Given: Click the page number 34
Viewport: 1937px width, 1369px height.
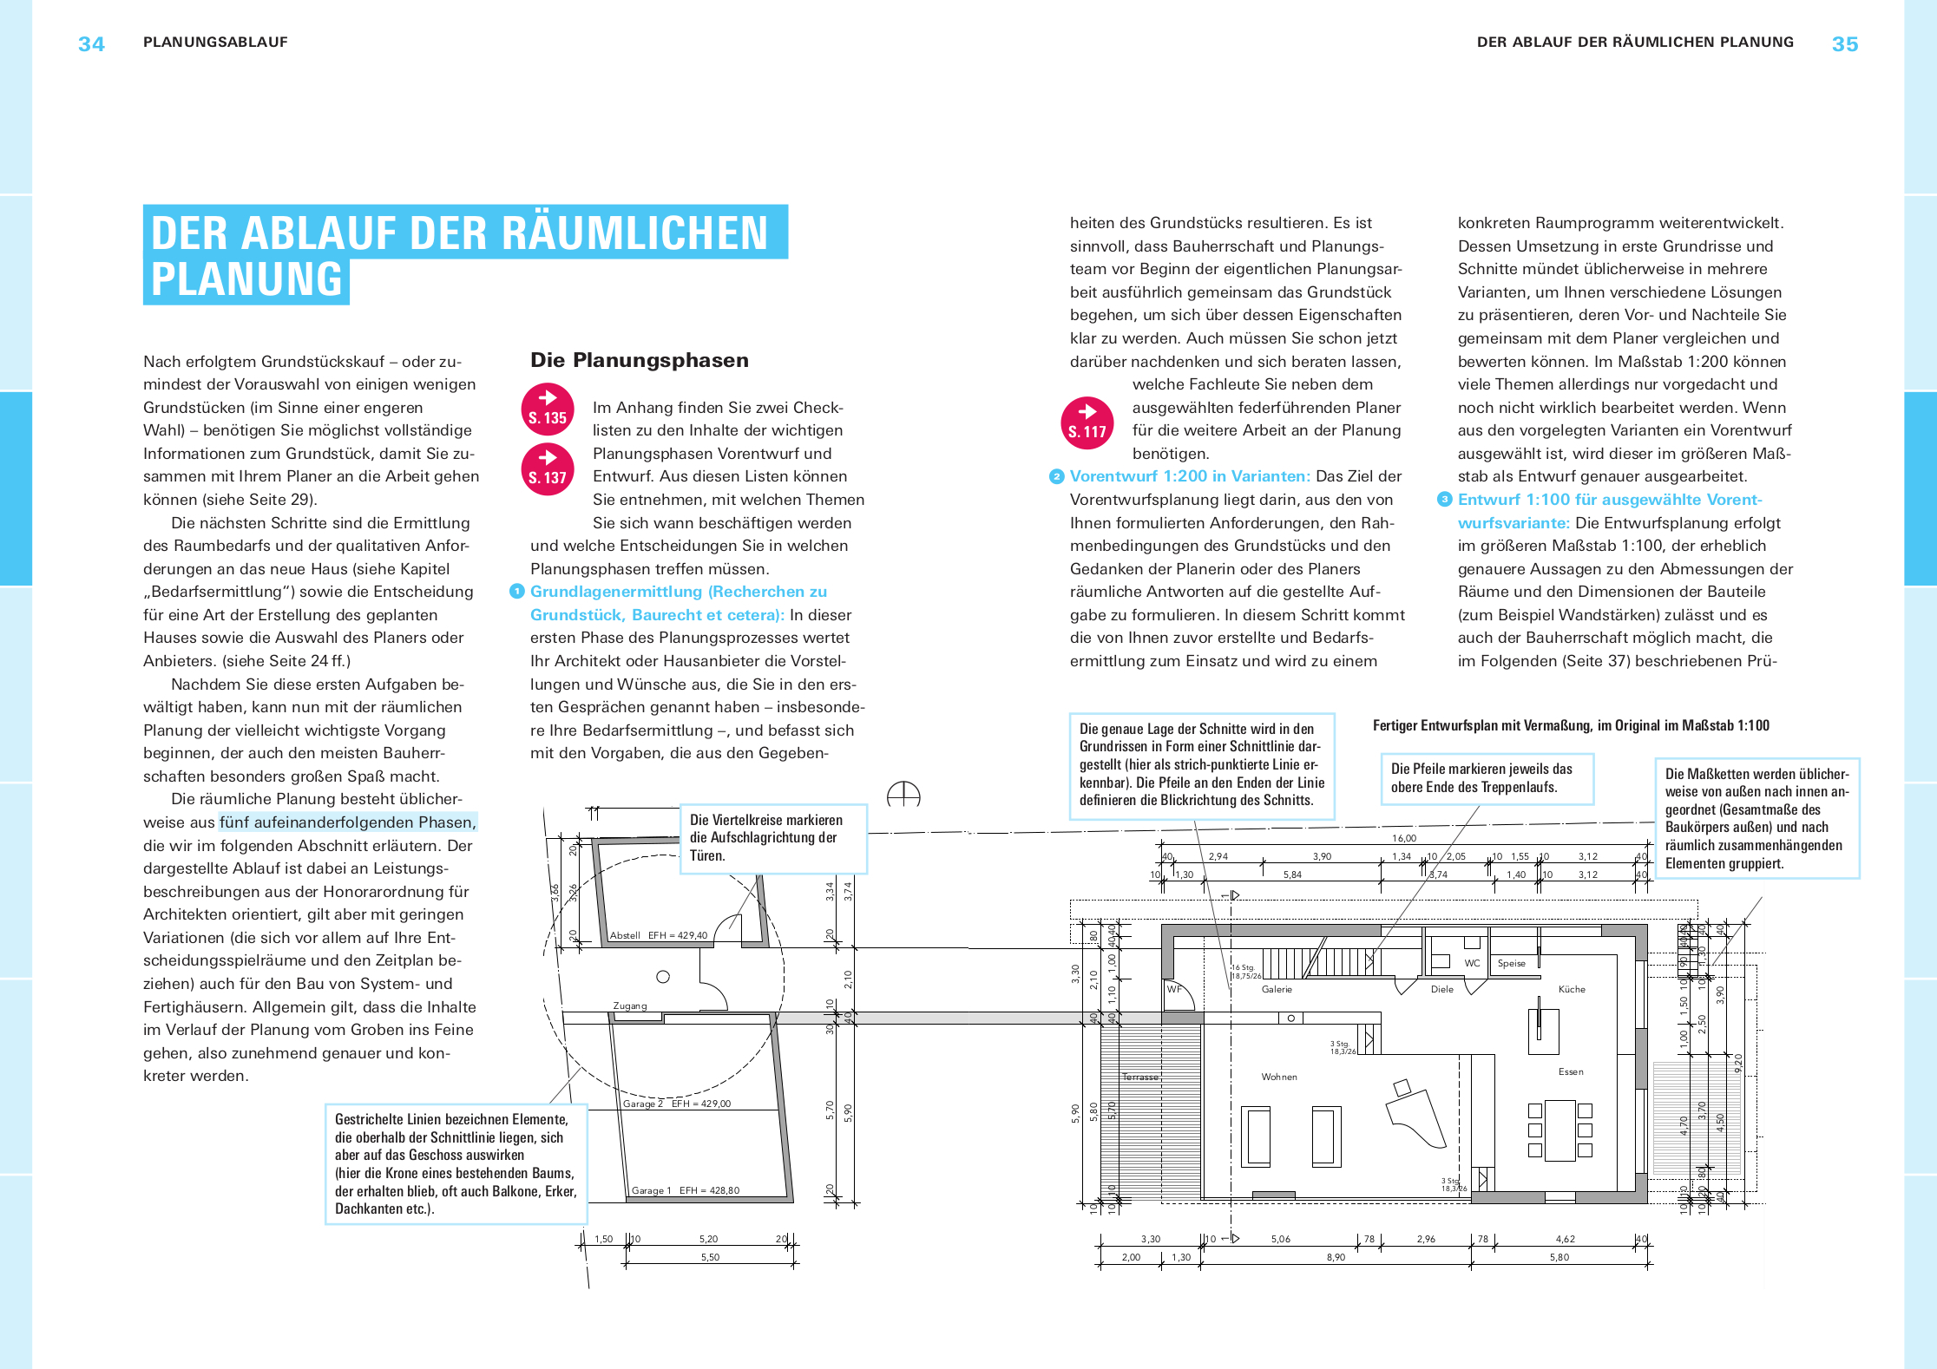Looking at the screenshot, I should (x=91, y=44).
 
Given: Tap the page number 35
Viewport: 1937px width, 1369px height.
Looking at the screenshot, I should (x=1844, y=44).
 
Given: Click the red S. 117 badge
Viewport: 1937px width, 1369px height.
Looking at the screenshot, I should (x=1087, y=422).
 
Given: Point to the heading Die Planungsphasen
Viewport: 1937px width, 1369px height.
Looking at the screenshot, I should (x=639, y=360).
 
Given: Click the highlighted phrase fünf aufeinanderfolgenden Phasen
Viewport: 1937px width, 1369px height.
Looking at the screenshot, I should (x=348, y=822).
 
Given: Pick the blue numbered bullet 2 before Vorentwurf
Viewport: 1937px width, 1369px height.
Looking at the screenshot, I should (x=1056, y=476).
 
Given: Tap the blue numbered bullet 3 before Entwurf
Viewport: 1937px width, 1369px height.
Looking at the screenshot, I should (x=1444, y=500).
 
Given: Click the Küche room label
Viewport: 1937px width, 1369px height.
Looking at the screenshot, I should (x=1572, y=989).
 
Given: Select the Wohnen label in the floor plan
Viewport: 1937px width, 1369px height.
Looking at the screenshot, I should (x=1279, y=1077).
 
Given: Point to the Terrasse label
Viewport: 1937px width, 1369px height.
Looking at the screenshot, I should (x=1140, y=1077).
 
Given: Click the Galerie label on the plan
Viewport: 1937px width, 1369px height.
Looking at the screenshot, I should (x=1277, y=989).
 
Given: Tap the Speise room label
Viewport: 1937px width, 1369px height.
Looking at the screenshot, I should (x=1511, y=963).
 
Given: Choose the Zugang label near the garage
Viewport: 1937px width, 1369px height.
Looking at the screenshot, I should (x=630, y=1005).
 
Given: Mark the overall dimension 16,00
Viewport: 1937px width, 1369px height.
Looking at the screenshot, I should (x=1404, y=838).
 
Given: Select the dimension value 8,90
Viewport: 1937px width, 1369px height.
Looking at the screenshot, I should (x=1336, y=1257).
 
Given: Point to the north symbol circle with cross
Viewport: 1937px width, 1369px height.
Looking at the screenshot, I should (x=903, y=795).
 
